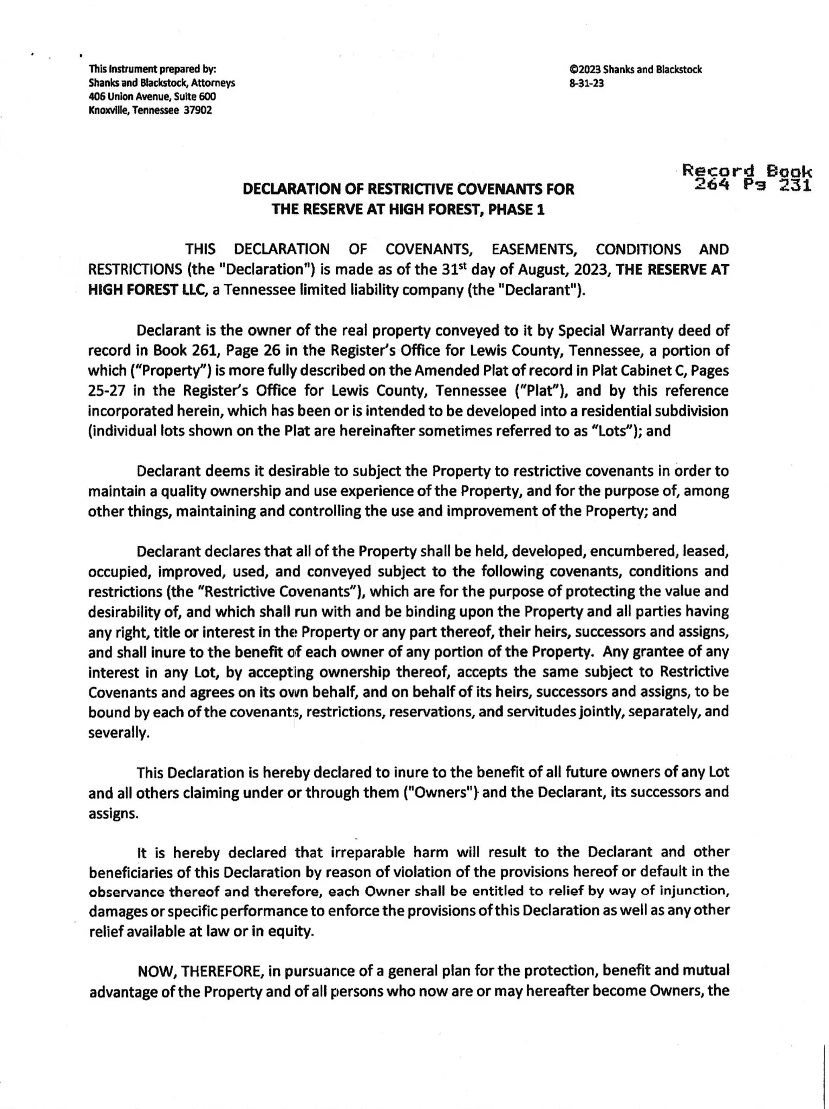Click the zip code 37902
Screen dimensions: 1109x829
pos(198,110)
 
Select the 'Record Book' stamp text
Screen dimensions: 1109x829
pos(747,171)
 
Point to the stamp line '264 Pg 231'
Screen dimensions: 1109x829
pos(753,186)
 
